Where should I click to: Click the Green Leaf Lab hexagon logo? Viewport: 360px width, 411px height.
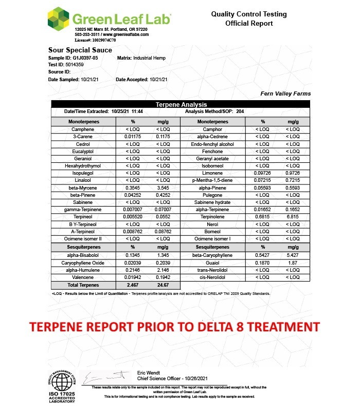click(x=58, y=18)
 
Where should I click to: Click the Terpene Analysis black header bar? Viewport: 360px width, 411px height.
click(x=181, y=104)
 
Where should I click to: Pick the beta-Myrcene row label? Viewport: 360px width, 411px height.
click(x=82, y=188)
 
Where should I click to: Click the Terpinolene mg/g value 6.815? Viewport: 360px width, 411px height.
click(x=293, y=216)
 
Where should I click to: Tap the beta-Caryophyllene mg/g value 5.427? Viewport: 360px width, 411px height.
click(x=293, y=255)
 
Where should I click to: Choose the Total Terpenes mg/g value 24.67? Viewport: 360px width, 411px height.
click(x=163, y=284)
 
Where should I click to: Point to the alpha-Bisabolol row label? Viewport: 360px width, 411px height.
click(x=82, y=255)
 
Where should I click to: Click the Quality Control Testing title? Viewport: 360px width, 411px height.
click(x=249, y=14)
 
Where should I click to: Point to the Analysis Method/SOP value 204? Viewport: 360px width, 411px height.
click(x=240, y=111)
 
